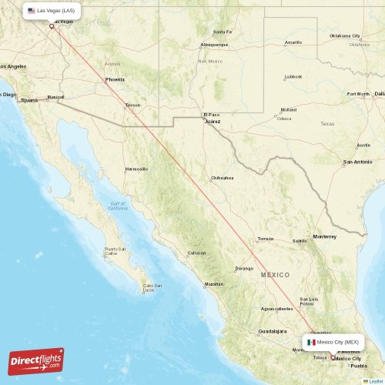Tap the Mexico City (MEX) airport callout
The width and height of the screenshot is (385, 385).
coord(333,342)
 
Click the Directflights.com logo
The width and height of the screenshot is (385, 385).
coord(36,361)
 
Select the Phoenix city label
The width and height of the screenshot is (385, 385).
coord(115,79)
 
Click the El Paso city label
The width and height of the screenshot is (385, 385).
coord(210,115)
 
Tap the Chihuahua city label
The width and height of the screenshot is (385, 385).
coord(223,178)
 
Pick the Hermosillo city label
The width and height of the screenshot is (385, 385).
coord(136,169)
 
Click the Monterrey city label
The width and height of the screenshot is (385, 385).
coord(324,236)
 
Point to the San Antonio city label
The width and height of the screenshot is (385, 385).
coord(358,162)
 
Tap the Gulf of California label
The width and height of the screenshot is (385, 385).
coord(117,206)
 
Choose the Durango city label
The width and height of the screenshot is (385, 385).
coord(243,269)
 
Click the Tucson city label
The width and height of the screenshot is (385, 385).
coord(133,105)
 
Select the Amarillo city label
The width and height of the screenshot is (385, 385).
coord(293,42)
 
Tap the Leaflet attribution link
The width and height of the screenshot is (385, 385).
coord(375,380)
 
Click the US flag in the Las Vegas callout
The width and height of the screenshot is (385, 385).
coord(31,11)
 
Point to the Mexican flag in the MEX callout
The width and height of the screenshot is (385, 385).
coord(311,342)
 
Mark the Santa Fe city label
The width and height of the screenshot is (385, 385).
coord(223,32)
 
